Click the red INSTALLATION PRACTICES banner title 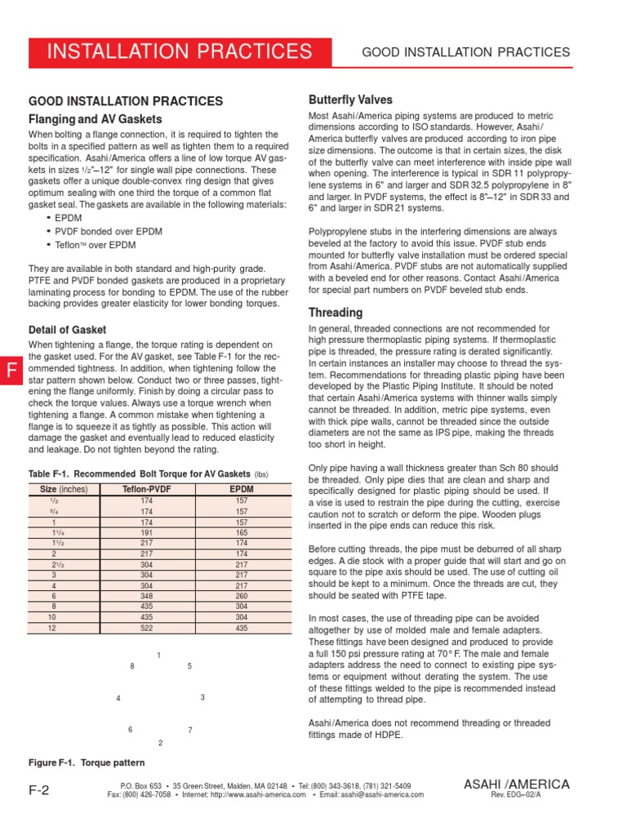pos(180,52)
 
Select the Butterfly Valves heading pos(350,100)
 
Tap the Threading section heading pos(336,313)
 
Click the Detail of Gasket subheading pos(68,330)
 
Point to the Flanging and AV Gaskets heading pos(96,119)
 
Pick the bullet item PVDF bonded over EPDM pos(109,232)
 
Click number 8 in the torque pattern pos(132,667)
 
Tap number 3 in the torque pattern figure pos(202,697)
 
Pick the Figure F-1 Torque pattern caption pos(87,763)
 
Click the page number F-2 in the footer pos(39,789)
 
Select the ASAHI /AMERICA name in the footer pos(517,784)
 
